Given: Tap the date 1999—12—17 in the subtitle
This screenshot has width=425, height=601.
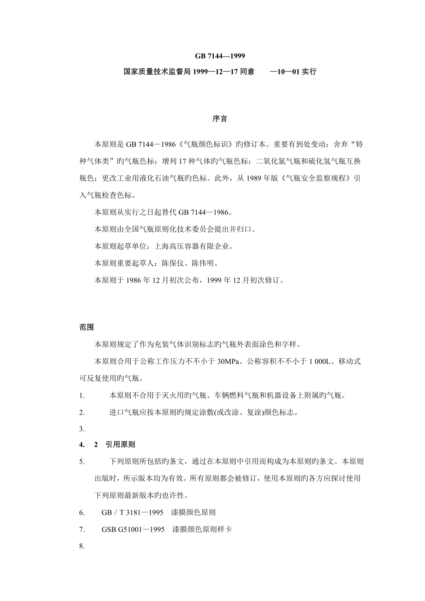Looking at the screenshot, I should pyautogui.click(x=217, y=72).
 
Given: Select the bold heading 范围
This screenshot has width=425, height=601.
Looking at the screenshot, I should pyautogui.click(x=87, y=327).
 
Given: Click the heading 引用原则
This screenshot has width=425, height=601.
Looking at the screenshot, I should pyautogui.click(x=120, y=445).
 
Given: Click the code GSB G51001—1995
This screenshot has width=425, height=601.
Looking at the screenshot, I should pyautogui.click(x=133, y=529).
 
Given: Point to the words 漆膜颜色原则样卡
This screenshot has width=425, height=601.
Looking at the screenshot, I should pyautogui.click(x=202, y=529).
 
